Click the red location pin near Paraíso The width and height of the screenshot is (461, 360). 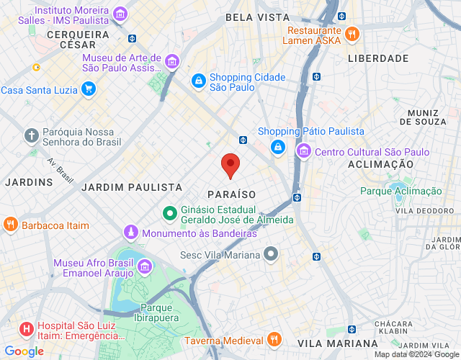(230, 166)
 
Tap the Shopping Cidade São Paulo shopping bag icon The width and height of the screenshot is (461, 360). (197, 81)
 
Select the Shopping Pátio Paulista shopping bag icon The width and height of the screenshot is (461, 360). (277, 147)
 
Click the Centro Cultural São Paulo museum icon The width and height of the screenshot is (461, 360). (303, 151)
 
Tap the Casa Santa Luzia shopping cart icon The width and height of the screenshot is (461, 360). (88, 89)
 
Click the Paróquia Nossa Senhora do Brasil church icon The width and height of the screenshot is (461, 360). (30, 135)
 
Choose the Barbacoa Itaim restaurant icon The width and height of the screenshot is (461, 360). (9, 225)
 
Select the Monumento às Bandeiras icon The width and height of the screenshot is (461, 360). (130, 233)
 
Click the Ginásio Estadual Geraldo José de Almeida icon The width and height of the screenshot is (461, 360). (169, 213)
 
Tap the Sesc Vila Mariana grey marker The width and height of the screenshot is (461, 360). (271, 253)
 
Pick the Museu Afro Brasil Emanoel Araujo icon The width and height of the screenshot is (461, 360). (145, 267)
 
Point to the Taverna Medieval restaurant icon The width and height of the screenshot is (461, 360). (273, 339)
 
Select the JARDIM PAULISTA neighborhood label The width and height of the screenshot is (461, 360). (132, 187)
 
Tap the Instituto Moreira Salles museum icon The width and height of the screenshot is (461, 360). (120, 14)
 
